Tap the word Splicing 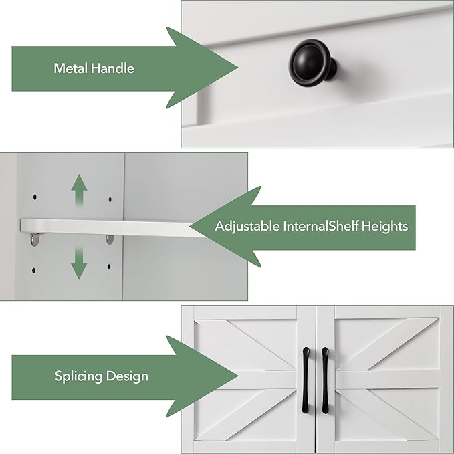coord(78,376)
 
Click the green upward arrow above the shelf coord(79,191)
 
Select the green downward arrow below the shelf coord(79,262)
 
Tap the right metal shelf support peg coord(110,239)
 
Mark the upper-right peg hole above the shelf coord(108,199)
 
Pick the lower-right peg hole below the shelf coord(108,267)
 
